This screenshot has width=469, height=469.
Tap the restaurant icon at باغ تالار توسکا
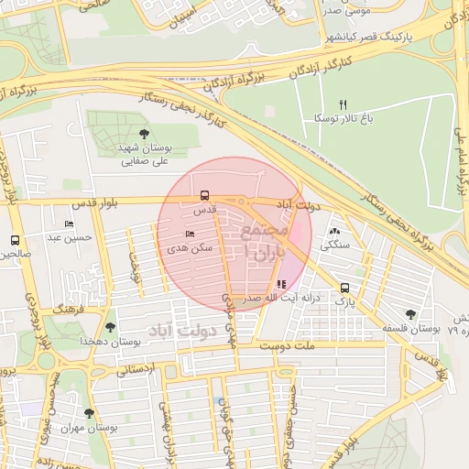click(x=344, y=104)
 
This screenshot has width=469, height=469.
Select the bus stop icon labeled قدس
click(x=204, y=195)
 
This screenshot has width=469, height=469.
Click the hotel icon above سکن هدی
click(x=190, y=234)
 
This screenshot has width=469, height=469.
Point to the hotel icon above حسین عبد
click(x=70, y=224)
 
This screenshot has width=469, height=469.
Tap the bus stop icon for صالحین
click(x=15, y=240)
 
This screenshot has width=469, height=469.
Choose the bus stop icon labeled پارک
click(x=344, y=287)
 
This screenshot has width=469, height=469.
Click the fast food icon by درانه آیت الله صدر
click(x=280, y=284)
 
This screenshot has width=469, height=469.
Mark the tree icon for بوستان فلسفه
click(x=409, y=314)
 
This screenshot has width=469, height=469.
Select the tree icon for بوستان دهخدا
click(x=110, y=327)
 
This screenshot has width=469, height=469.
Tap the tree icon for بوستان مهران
click(x=89, y=413)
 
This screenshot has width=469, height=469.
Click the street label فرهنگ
click(x=68, y=311)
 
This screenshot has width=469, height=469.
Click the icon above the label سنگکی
click(x=333, y=232)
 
